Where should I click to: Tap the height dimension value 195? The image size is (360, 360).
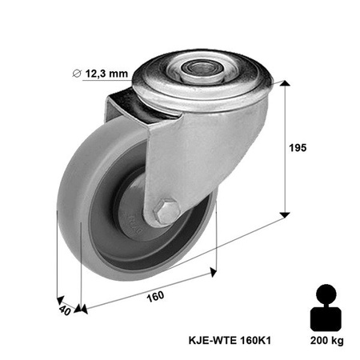[x=297, y=148]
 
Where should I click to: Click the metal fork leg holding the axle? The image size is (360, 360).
[x=172, y=168]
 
